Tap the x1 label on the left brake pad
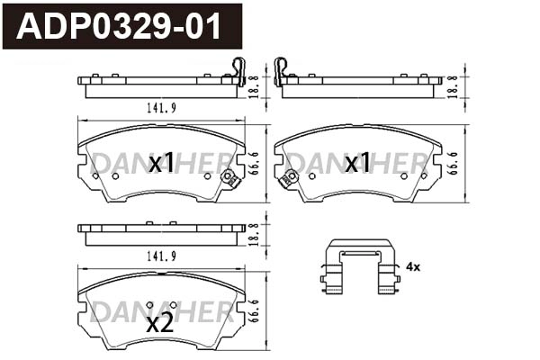click(x=161, y=163)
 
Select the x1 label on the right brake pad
click(x=357, y=163)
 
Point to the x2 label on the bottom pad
click(x=160, y=324)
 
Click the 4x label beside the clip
click(x=413, y=267)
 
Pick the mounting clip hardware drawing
click(x=360, y=267)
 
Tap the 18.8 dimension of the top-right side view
click(x=463, y=85)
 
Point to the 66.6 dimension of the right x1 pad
click(x=463, y=164)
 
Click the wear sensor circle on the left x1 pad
click(x=229, y=177)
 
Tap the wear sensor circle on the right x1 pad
click(x=291, y=177)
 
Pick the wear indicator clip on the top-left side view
click(x=238, y=68)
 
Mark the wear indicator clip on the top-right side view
click(x=281, y=68)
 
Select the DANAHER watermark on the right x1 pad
click(x=360, y=162)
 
